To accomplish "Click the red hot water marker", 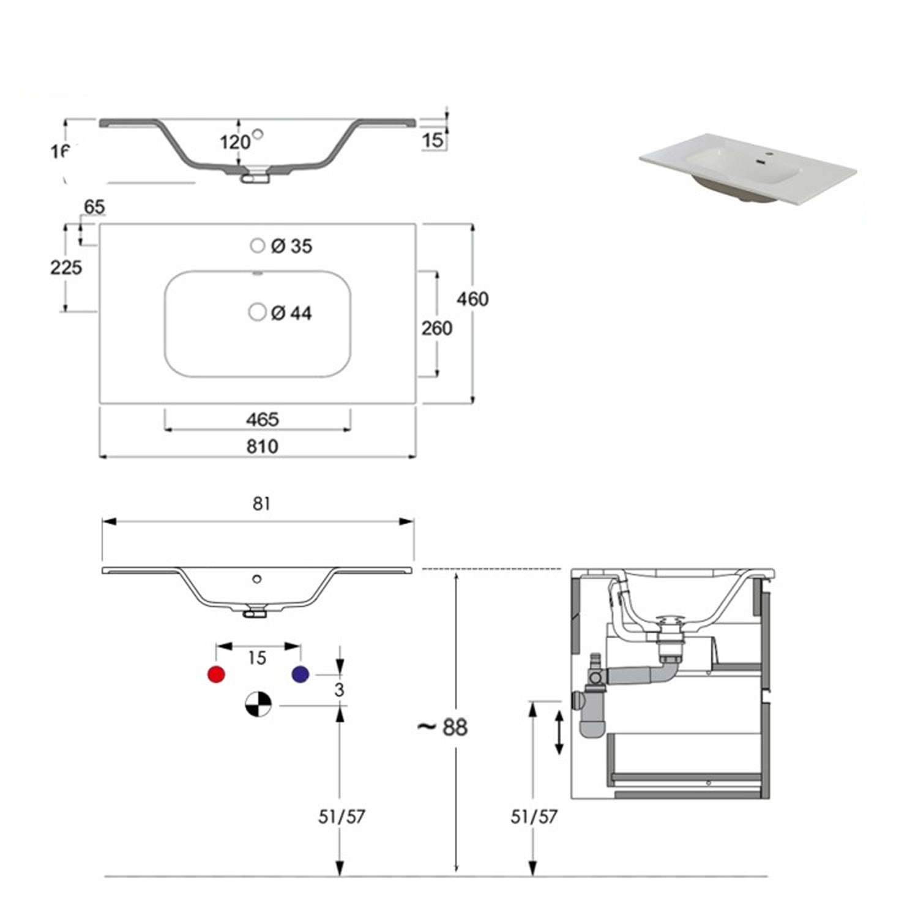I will tap(216, 674).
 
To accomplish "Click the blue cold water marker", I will tap(300, 674).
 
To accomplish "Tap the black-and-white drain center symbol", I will tap(258, 705).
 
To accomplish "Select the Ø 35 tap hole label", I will tap(291, 246).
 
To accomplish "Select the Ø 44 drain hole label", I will tap(291, 313).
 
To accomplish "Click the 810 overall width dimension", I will tap(262, 446).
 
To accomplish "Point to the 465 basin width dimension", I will tap(262, 419).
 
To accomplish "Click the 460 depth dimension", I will tap(472, 299).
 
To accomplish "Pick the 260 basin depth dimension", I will tap(436, 329).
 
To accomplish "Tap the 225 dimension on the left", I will tap(66, 267).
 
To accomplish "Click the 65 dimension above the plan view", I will tap(94, 207).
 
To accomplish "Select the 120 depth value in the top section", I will tap(235, 142).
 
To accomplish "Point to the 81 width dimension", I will tap(261, 504).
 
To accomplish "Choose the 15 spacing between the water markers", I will tap(257, 658).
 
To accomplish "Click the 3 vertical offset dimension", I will tap(339, 690).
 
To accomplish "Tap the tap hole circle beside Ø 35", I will tap(258, 245).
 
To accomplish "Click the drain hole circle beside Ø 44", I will tap(258, 312).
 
